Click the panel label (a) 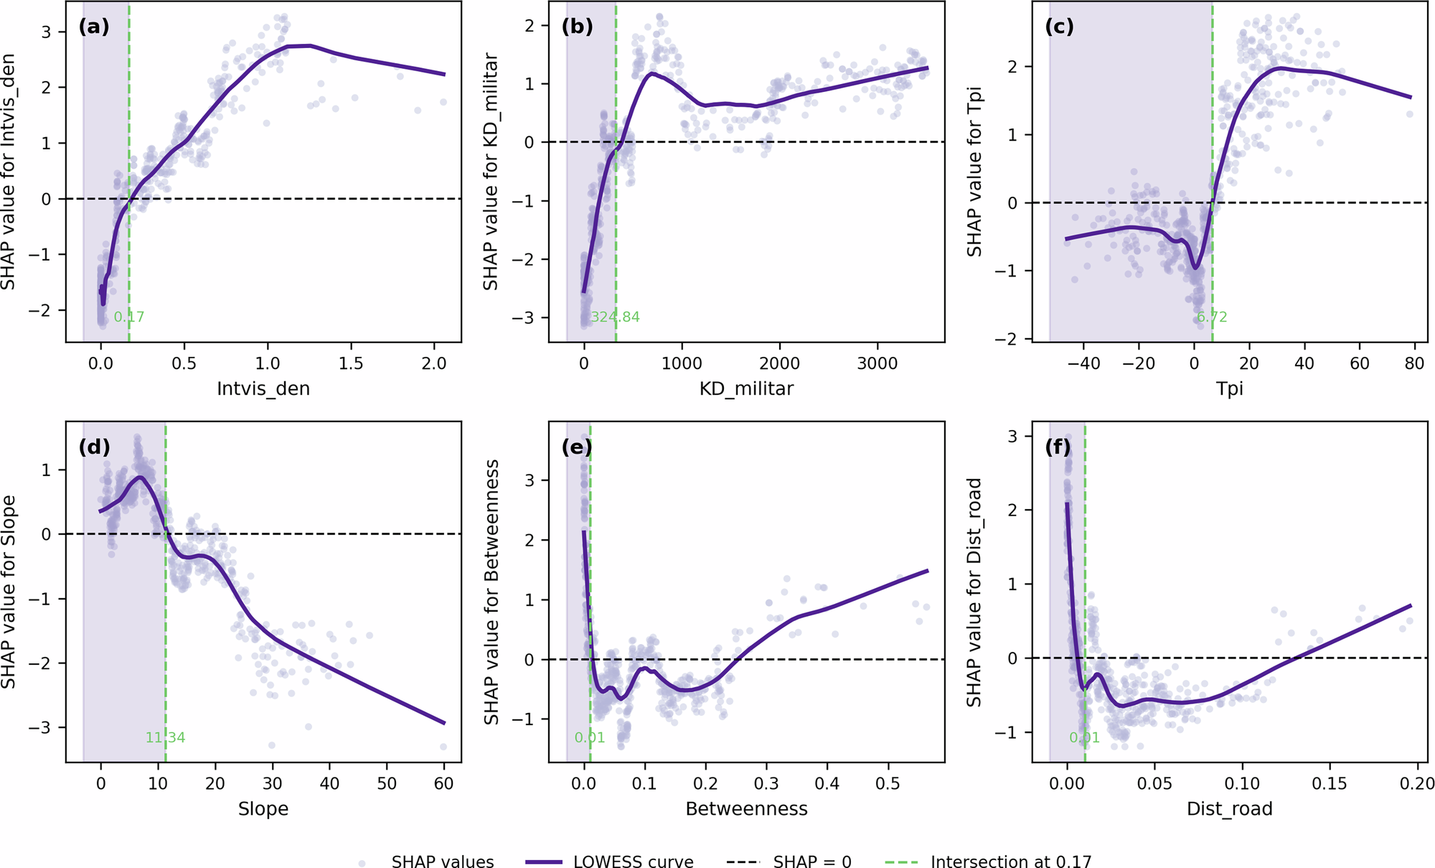94,27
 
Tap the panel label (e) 577,447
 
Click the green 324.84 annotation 615,317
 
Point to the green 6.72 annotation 1212,317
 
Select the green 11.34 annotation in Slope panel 165,737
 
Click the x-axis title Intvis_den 263,388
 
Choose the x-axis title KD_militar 746,388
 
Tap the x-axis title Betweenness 746,809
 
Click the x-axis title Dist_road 1229,809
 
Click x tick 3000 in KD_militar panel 878,363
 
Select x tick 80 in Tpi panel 1414,363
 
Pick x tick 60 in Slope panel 443,783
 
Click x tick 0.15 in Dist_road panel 1330,783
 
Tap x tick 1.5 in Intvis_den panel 351,363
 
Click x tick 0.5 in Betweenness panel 888,783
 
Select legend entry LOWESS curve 633,862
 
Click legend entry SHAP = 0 812,862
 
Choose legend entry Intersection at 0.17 1010,862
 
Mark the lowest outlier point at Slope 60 443,747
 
